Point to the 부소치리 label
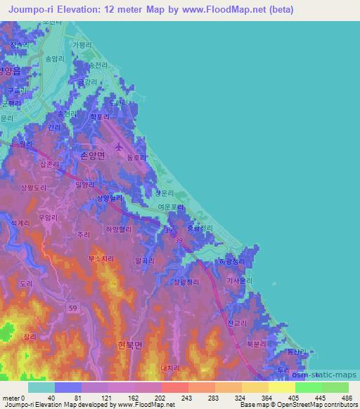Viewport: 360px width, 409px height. pos(101,259)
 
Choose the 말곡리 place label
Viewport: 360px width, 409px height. pos(144,260)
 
